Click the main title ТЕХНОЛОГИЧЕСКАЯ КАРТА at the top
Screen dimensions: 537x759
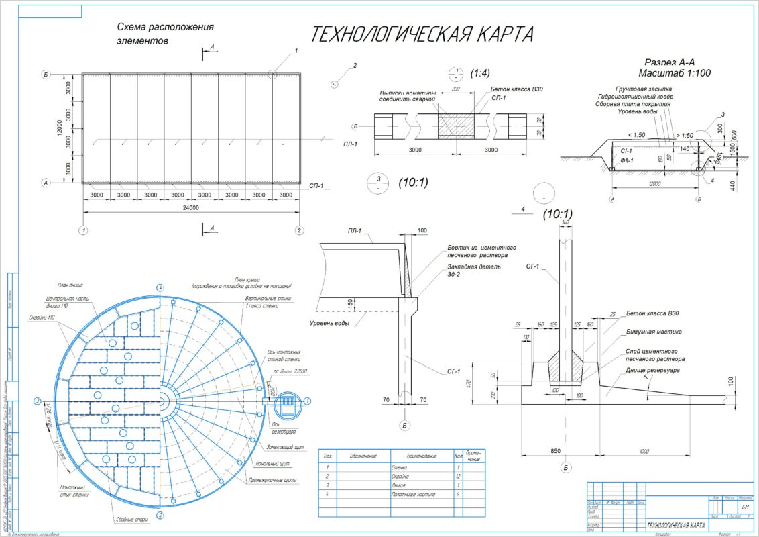pyautogui.click(x=422, y=34)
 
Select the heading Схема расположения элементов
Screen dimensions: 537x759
pyautogui.click(x=165, y=34)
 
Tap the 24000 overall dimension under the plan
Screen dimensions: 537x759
pyautogui.click(x=190, y=208)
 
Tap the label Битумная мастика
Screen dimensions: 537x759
pyautogui.click(x=654, y=332)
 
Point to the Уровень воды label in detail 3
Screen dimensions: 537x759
pyautogui.click(x=330, y=324)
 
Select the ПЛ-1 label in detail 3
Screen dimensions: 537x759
pyautogui.click(x=354, y=231)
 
